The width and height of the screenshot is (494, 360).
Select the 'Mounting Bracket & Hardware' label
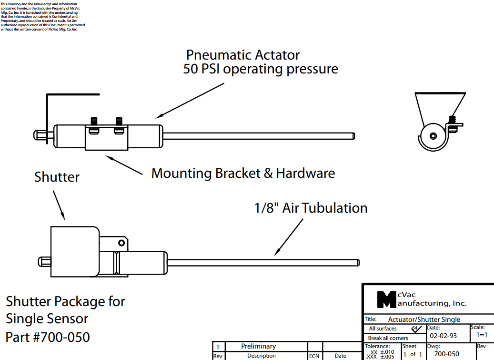[x=243, y=173]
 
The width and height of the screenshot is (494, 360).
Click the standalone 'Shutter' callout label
[x=57, y=177]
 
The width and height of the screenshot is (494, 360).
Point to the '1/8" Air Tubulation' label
[x=311, y=208]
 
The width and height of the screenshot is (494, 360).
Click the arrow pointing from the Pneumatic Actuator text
[x=191, y=100]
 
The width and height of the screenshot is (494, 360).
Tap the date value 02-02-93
[x=443, y=336]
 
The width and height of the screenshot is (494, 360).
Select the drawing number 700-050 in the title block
[x=446, y=354]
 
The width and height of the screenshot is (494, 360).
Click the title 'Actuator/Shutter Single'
[x=424, y=319]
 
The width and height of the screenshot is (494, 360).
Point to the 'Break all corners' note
[x=388, y=338]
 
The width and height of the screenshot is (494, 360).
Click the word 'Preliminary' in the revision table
[x=258, y=347]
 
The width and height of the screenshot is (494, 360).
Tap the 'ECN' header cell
[x=314, y=356]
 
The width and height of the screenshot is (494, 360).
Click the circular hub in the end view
[x=433, y=136]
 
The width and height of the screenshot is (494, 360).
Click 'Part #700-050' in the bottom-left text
[x=48, y=337]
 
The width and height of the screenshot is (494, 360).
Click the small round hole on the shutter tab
[x=121, y=243]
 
